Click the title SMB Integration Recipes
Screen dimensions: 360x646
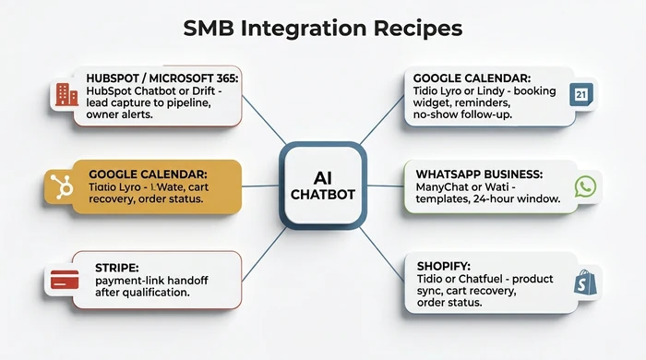point(322,29)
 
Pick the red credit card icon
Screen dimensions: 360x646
point(64,278)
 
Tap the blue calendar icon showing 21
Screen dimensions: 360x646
point(581,94)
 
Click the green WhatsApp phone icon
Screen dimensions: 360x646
point(584,186)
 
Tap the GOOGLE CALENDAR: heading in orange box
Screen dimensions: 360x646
point(148,173)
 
